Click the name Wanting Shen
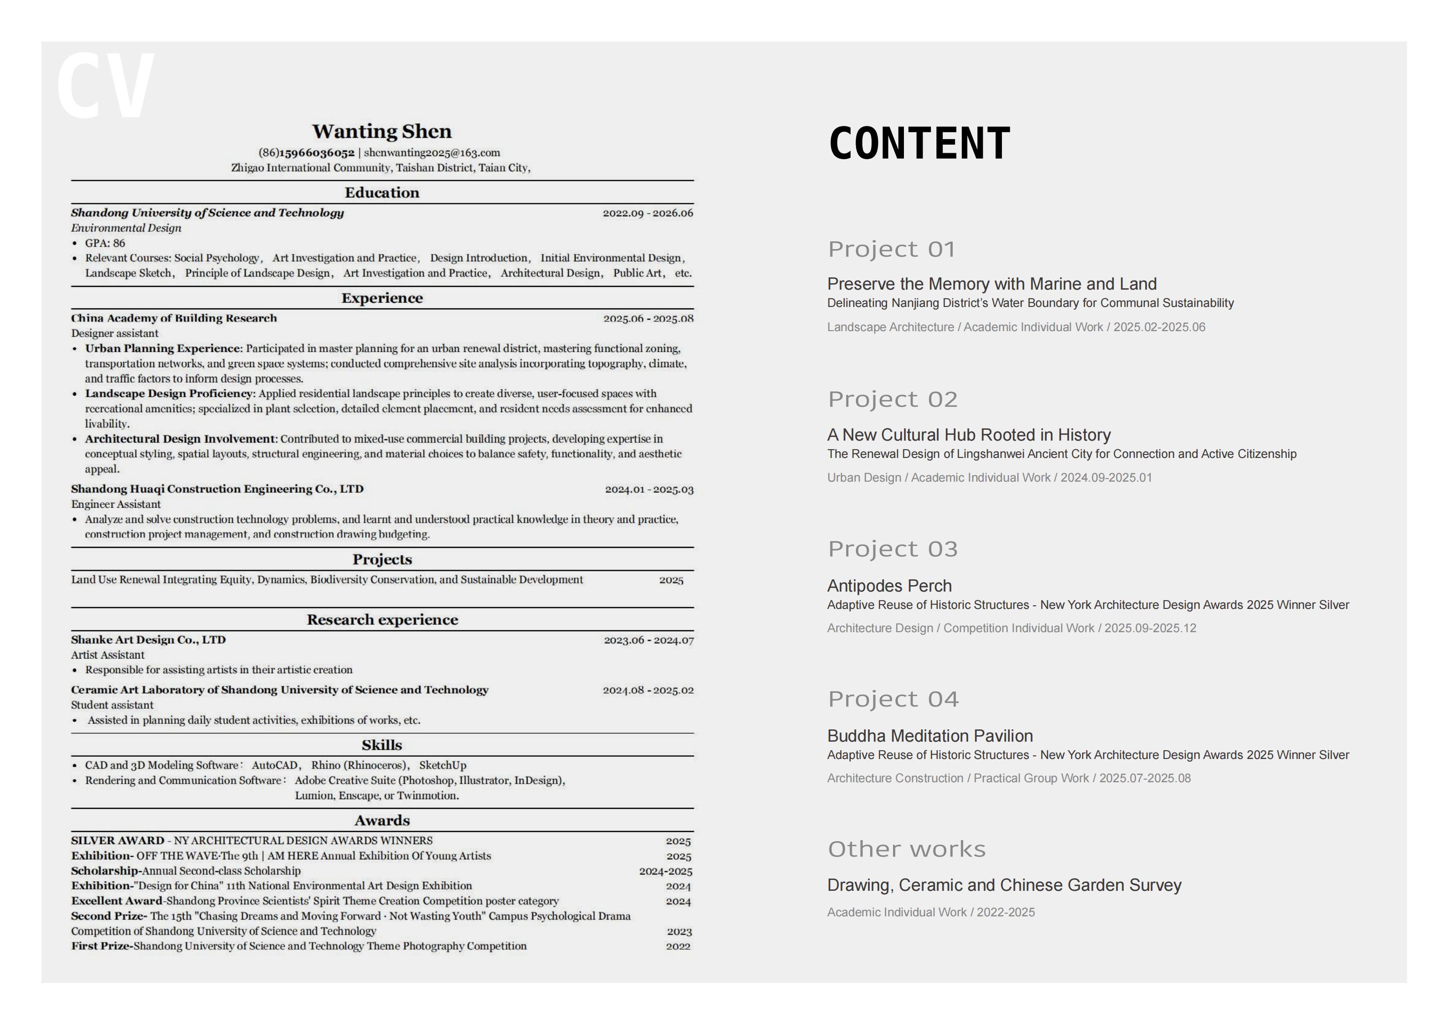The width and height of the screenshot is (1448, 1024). tap(382, 131)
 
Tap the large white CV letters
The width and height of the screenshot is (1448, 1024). tap(105, 87)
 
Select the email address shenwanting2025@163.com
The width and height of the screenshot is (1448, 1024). tap(432, 153)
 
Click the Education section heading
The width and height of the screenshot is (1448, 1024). tap(382, 192)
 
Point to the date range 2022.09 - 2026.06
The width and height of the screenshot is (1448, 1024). tap(648, 213)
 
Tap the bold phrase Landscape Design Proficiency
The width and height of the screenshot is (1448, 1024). tap(169, 394)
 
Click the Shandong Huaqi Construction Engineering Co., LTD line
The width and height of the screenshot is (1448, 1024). tap(217, 489)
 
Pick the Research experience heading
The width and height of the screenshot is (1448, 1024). tap(382, 619)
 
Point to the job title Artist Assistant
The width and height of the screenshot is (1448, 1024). tap(108, 655)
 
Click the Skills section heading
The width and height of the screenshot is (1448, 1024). tap(382, 745)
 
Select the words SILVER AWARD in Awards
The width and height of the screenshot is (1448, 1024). tap(117, 840)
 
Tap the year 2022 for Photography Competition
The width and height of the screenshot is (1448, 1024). tap(678, 946)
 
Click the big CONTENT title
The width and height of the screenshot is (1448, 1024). tap(919, 143)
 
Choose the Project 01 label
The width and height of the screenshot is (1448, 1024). tap(892, 249)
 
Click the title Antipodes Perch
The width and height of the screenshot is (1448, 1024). tap(889, 586)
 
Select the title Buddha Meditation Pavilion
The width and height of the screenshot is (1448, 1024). tap(929, 736)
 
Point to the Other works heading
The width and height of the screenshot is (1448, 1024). tap(906, 849)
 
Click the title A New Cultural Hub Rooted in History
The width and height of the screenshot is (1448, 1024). tap(969, 435)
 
